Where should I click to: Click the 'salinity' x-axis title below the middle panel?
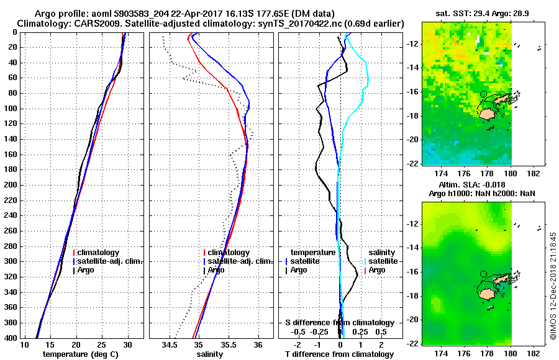[x=209, y=354]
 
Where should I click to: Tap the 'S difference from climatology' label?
[x=339, y=323]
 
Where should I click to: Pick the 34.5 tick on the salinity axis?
[x=170, y=345]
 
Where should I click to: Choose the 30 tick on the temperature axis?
[x=128, y=345]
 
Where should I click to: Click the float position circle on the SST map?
[x=483, y=94]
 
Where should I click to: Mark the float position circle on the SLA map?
[x=483, y=274]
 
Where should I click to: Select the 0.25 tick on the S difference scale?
[x=360, y=332]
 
